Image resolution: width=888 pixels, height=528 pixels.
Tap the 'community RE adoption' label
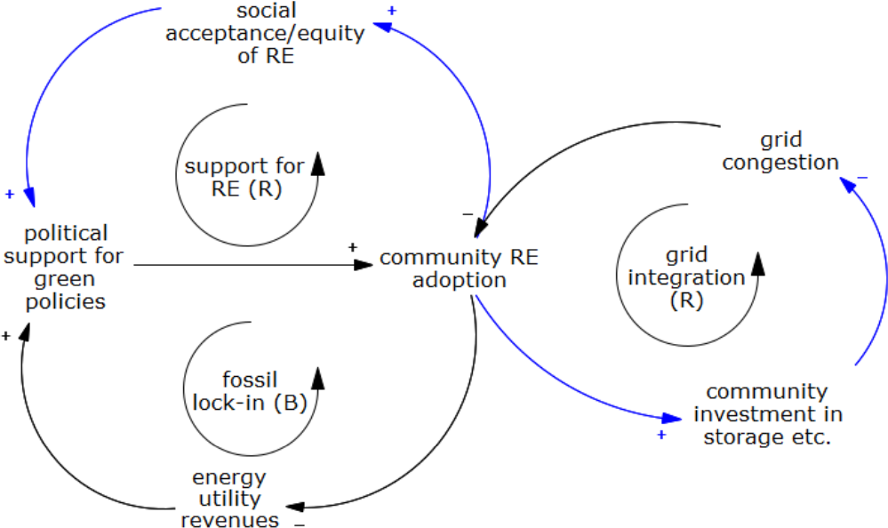[x=459, y=268]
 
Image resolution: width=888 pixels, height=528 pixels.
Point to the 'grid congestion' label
[x=780, y=151]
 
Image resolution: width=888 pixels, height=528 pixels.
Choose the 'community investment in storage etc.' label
[x=768, y=414]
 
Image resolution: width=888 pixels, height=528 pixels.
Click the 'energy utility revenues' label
[x=229, y=499]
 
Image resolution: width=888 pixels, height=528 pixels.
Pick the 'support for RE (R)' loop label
[x=244, y=177]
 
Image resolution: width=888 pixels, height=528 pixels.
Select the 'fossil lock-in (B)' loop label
[x=250, y=391]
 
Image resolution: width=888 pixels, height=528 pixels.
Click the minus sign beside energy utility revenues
[x=300, y=524]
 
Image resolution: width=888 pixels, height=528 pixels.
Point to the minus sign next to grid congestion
[x=862, y=179]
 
